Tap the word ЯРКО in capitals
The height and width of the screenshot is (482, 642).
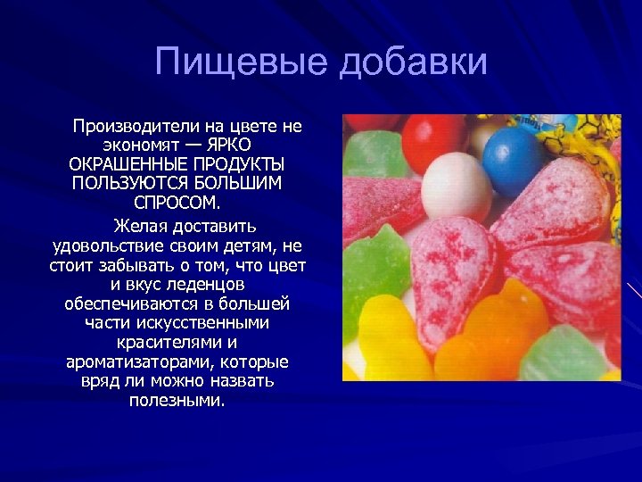pos(228,145)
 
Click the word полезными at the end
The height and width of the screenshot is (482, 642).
pos(177,401)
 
